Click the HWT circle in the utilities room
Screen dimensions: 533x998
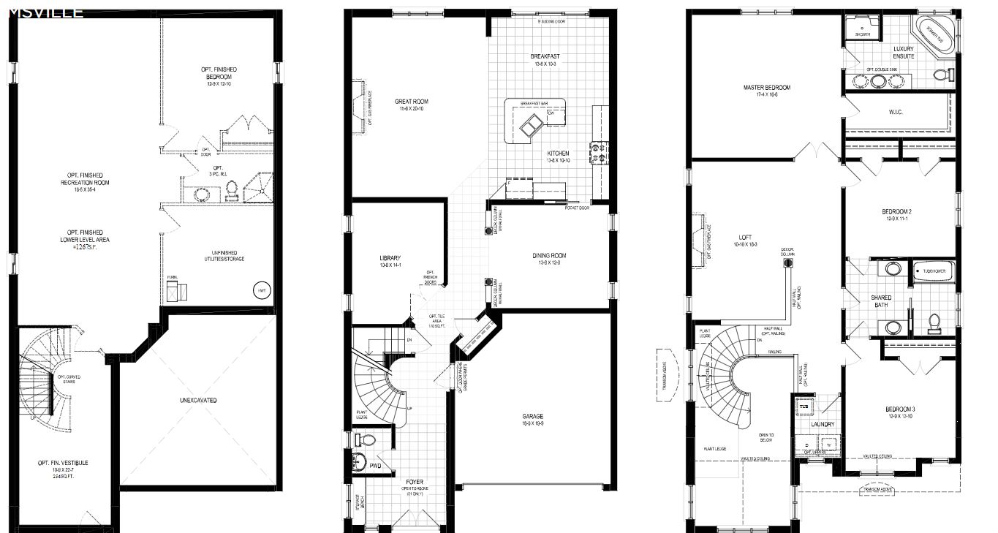261,290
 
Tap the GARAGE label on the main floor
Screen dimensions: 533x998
532,416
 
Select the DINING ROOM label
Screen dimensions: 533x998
549,256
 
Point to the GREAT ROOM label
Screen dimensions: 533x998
411,102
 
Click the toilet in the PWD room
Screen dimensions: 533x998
366,440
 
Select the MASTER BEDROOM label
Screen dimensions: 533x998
766,88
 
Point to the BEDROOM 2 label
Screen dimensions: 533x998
898,211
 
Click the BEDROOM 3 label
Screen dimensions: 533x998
900,409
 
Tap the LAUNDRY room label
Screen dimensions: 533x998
823,424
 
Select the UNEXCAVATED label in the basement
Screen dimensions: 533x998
198,400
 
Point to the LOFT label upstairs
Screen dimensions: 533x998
745,237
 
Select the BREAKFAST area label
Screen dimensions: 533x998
545,56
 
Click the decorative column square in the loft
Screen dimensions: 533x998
787,264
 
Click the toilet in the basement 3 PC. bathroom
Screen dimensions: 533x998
232,190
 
